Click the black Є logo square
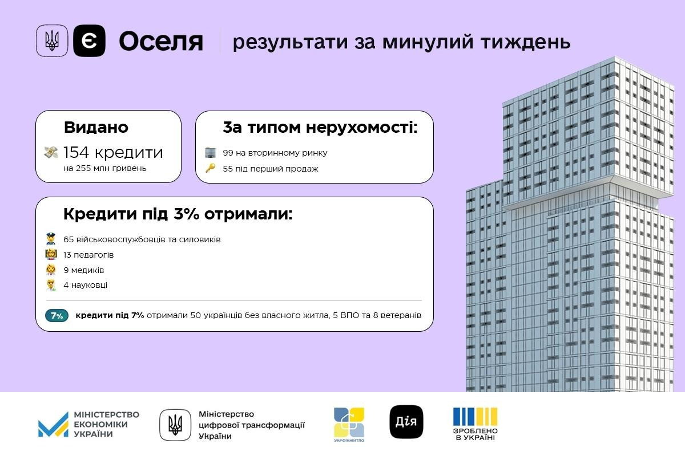tap(89, 40)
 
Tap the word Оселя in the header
tap(161, 42)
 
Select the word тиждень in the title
tap(525, 42)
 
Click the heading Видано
tap(96, 127)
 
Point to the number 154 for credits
tap(76, 152)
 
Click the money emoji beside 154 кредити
tap(51, 152)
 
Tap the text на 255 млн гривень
tap(105, 168)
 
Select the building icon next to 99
tap(211, 152)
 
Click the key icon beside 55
tap(211, 168)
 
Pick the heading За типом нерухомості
tap(320, 128)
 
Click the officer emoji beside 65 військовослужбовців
tap(51, 239)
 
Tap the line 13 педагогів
tap(88, 255)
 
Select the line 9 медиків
tap(84, 270)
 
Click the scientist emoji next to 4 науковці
tap(51, 285)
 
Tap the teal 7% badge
tap(57, 316)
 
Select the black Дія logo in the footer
tap(406, 422)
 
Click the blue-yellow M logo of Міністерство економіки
tap(53, 425)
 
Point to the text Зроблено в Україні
tap(475, 434)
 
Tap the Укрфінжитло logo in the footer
tap(349, 425)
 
